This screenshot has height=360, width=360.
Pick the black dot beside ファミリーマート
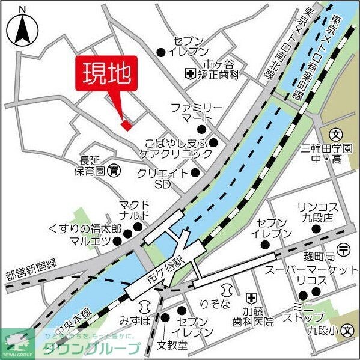(x=202, y=129)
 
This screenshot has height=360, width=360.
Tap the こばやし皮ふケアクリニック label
(x=179, y=148)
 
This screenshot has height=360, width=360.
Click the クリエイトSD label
(x=162, y=178)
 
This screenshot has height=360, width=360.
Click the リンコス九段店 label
(x=318, y=212)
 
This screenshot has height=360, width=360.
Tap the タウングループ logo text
(x=99, y=348)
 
